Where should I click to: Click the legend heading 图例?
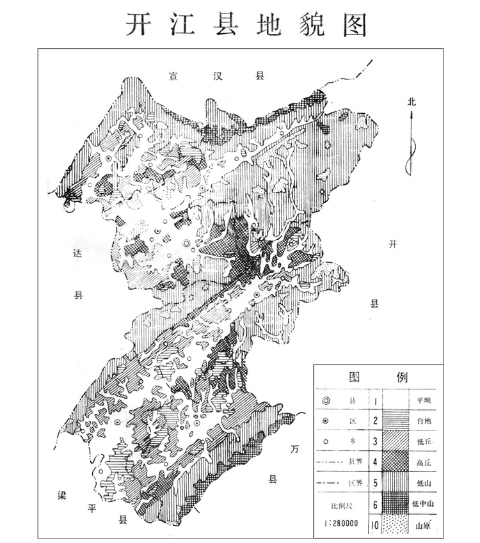(378, 376)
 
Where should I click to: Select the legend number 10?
(372, 526)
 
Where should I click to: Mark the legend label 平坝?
(423, 401)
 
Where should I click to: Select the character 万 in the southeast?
(294, 450)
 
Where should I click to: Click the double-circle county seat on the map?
(186, 244)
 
